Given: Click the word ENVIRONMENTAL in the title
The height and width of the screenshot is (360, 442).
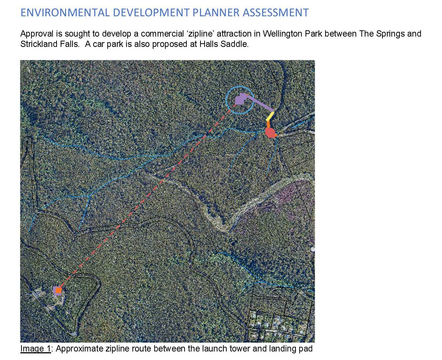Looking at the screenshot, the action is coord(65,13).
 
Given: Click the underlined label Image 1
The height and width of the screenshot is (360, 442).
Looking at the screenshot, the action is coord(35,349).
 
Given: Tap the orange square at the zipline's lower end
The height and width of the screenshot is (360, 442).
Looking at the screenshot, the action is coord(58,290).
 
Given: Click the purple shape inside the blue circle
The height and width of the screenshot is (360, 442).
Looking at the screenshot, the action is coord(241,99).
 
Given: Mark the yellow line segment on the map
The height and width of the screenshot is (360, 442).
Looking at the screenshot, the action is coord(270,116).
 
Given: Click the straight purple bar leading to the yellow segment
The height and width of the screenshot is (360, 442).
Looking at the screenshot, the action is coord(260,103).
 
